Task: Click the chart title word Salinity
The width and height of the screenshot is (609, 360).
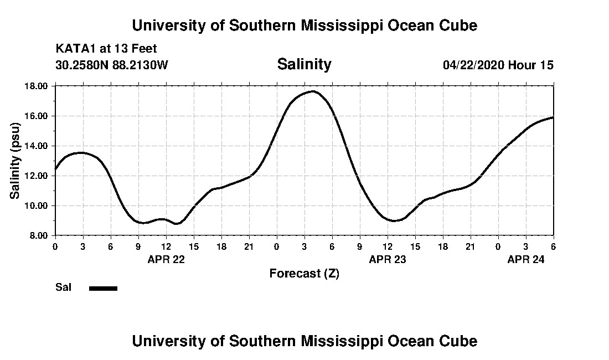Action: point(304,64)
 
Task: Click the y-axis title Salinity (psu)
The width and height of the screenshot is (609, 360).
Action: point(16,161)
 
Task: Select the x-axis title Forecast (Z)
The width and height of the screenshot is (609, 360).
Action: point(304,273)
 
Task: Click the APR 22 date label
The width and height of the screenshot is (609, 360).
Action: point(166,259)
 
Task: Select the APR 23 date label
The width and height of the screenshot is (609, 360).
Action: point(388,259)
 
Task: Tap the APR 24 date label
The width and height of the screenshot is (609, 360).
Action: point(526,259)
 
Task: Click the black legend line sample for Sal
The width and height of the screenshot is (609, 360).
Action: point(103,288)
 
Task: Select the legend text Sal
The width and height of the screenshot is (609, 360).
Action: point(63,287)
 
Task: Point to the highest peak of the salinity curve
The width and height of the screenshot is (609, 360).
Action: point(313,91)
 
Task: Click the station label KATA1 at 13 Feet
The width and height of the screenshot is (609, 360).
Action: point(106,49)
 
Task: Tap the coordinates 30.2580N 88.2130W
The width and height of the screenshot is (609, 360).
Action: point(112,65)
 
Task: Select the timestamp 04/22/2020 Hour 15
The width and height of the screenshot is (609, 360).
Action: point(498,65)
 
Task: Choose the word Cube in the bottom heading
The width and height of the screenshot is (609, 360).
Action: point(460,341)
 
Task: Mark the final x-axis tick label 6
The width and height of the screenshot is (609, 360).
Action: point(553,246)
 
